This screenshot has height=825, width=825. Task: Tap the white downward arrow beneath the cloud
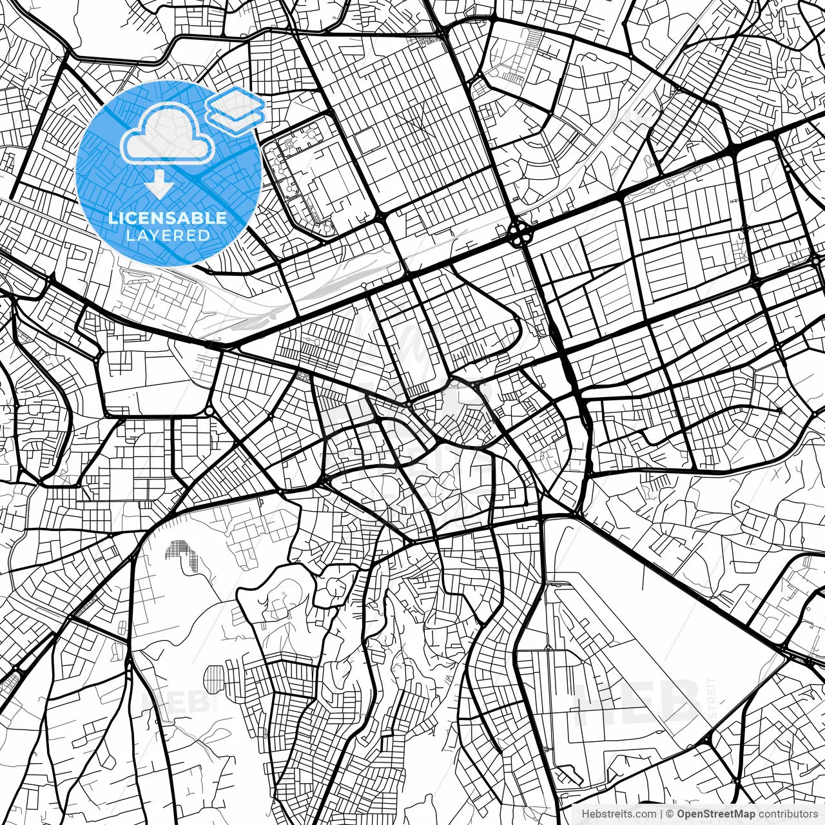point(159,186)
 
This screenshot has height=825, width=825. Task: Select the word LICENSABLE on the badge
point(168,218)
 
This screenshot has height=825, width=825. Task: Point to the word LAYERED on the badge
point(168,236)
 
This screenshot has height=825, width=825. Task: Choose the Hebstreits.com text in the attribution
point(619,814)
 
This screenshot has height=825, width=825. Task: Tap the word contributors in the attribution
point(788,814)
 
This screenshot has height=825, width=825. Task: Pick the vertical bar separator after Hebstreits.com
point(662,814)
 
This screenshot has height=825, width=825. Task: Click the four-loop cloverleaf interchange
point(518,234)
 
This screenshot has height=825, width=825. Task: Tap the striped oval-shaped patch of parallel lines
point(213,677)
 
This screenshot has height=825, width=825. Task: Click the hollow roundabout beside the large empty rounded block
point(209,411)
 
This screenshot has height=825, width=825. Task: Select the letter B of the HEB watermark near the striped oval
point(193,703)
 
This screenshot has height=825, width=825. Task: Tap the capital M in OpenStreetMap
point(742,814)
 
